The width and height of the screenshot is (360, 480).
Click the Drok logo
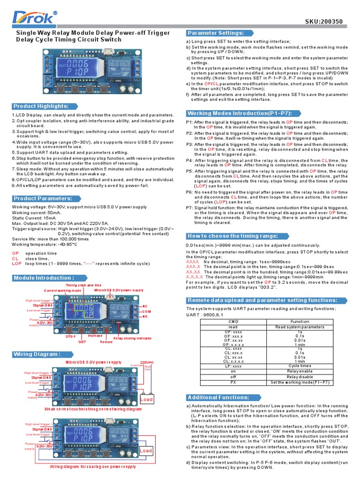pyautogui.click(x=33, y=19)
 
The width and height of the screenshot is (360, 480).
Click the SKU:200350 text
pyautogui.click(x=325, y=21)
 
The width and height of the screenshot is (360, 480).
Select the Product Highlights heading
pyautogui.click(x=41, y=106)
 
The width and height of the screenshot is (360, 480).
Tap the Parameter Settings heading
pyautogui.click(x=216, y=33)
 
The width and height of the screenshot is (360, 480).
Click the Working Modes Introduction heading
pyautogui.click(x=239, y=113)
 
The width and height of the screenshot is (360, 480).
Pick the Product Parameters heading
pyautogui.click(x=43, y=198)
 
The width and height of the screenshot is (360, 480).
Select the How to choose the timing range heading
pyautogui.click(x=233, y=236)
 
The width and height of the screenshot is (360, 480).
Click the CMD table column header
pyautogui.click(x=233, y=322)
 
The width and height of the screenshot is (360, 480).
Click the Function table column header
pyautogui.click(x=300, y=322)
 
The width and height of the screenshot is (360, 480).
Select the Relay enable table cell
pyautogui.click(x=300, y=371)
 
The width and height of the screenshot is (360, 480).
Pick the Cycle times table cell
pyautogui.click(x=300, y=365)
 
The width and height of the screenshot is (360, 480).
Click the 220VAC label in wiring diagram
pyautogui.click(x=146, y=362)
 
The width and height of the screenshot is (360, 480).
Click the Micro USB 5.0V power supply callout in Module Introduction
pyautogui.click(x=119, y=290)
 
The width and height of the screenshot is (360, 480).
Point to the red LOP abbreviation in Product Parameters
pyautogui.click(x=16, y=264)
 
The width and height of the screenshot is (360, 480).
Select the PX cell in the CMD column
pyautogui.click(x=233, y=382)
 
